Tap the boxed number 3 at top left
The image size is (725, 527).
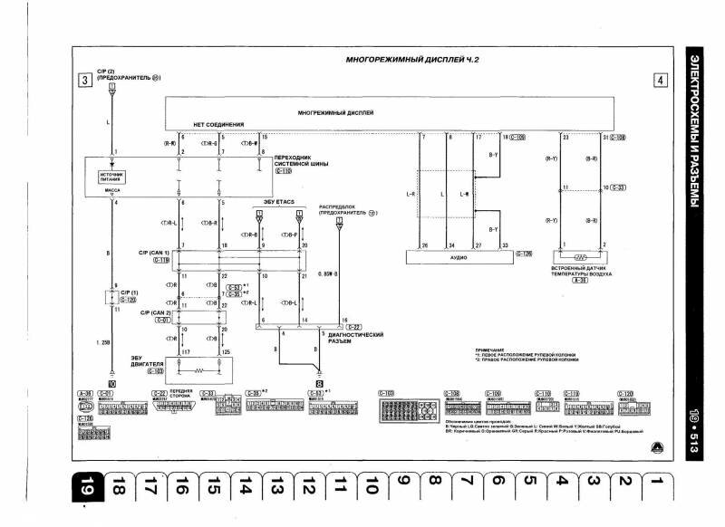point(84,80)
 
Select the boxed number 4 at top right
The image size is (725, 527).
point(660,80)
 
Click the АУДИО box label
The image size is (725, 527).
point(459,257)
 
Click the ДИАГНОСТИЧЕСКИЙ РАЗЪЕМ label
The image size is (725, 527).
point(354,338)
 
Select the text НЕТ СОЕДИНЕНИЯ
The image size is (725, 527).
point(218,124)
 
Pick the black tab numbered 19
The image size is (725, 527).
point(85,489)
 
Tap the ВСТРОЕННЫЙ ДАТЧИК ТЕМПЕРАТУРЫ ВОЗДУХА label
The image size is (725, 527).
point(581,271)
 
